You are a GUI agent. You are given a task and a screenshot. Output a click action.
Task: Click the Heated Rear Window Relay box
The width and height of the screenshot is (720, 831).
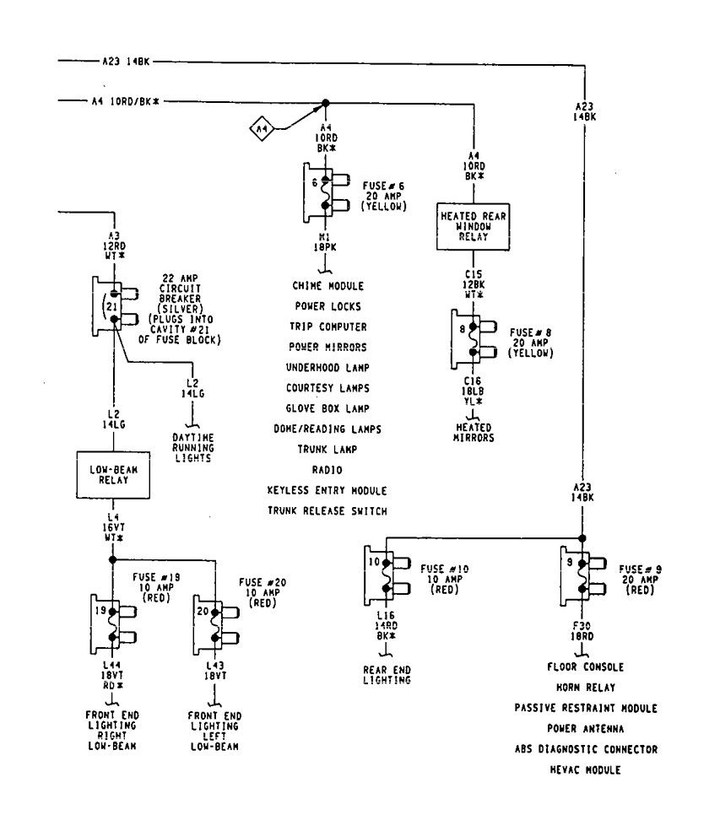(x=473, y=226)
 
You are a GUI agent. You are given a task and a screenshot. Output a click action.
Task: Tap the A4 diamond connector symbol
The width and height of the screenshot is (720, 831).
(x=262, y=129)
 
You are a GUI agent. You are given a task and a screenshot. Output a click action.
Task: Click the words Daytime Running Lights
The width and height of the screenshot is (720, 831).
(x=193, y=446)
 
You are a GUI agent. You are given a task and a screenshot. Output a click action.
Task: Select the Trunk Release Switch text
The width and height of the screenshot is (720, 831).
(x=327, y=510)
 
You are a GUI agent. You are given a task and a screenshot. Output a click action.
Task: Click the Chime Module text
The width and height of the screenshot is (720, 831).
(x=328, y=286)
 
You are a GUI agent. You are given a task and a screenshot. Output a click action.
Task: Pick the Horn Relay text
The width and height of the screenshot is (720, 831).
(x=585, y=688)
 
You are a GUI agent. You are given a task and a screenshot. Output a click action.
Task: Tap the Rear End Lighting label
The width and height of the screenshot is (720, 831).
(x=387, y=675)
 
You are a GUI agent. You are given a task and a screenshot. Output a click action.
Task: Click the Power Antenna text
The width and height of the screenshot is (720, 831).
(x=585, y=728)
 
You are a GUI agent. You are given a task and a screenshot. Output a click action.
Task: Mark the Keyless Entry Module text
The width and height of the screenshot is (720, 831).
(x=327, y=490)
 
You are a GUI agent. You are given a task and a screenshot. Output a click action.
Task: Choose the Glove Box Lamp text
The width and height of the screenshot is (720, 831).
(x=327, y=408)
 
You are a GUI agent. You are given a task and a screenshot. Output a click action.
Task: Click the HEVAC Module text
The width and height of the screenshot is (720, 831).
(x=585, y=769)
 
